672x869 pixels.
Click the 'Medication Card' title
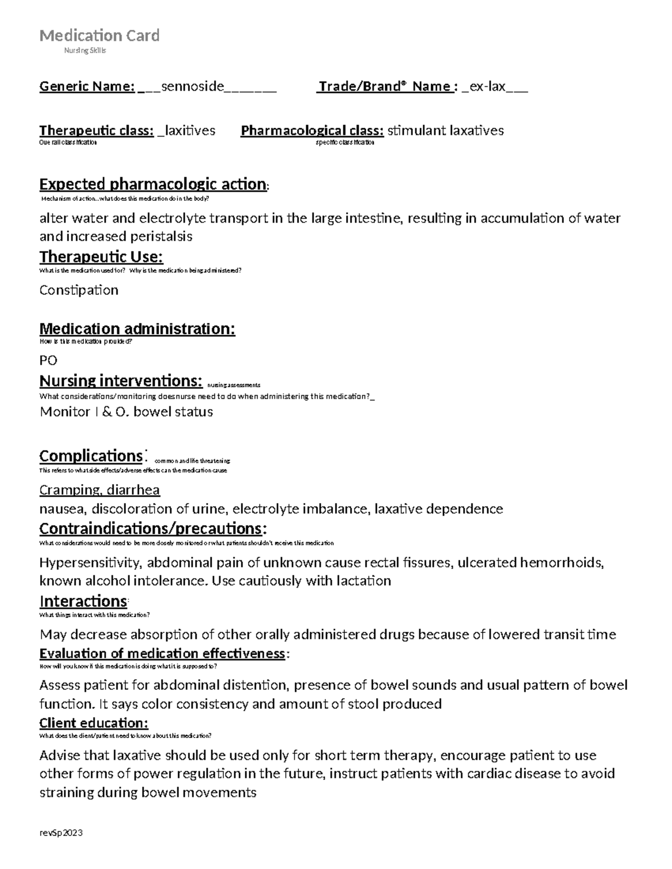pyautogui.click(x=99, y=36)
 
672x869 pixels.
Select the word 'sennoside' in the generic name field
pyautogui.click(x=192, y=86)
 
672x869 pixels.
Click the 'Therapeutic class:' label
pyautogui.click(x=96, y=131)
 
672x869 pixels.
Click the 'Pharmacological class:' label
pyautogui.click(x=312, y=131)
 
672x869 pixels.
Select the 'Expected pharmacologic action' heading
pyautogui.click(x=152, y=184)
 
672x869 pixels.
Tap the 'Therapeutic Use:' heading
pyautogui.click(x=101, y=257)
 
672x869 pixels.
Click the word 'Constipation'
pyautogui.click(x=79, y=290)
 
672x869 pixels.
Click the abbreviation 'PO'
pyautogui.click(x=48, y=360)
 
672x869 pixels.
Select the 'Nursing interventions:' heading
pyautogui.click(x=121, y=381)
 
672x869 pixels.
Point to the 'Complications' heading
pyautogui.click(x=91, y=455)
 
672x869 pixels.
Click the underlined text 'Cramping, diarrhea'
pyautogui.click(x=100, y=490)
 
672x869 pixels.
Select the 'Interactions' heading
pyautogui.click(x=83, y=602)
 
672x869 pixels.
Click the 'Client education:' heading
pyautogui.click(x=94, y=723)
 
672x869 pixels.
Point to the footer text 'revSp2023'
pyautogui.click(x=61, y=833)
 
